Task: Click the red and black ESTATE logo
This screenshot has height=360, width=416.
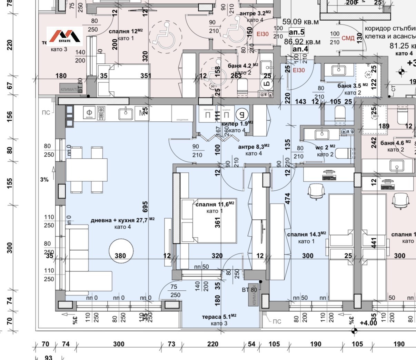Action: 65,36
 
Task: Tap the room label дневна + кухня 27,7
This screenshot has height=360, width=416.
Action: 122,220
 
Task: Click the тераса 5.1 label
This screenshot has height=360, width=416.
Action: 219,317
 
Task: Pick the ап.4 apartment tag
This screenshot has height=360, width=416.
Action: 300,49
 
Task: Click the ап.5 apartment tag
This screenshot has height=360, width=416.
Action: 296,32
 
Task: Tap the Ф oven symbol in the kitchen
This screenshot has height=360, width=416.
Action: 89,112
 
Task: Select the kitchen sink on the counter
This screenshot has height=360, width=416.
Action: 126,113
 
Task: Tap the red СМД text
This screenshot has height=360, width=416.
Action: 348,38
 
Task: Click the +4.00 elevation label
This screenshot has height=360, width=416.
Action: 368,323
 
